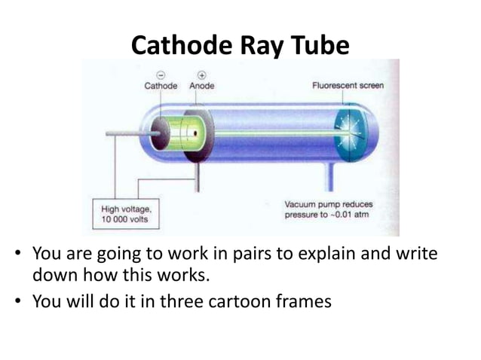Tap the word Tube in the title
[x=322, y=46]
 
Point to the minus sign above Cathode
[x=161, y=75]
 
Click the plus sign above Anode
[x=202, y=75]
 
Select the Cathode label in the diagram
[x=161, y=86]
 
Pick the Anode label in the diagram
[x=202, y=86]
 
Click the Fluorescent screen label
[x=348, y=86]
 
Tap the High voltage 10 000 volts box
[x=125, y=214]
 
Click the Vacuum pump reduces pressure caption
[x=327, y=209]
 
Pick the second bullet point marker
[x=19, y=302]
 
